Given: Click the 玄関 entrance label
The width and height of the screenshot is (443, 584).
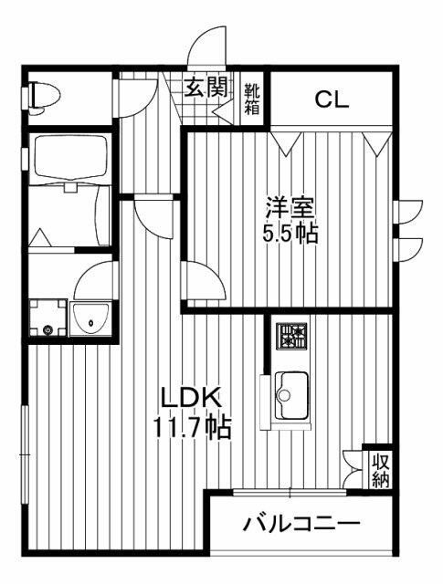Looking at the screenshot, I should coord(206,89).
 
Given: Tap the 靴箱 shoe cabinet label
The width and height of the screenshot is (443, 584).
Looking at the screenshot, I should coord(251,99).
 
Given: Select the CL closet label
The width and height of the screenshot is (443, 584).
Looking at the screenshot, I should coord(332,99).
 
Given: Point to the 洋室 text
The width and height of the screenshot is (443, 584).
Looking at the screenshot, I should coord(286,205).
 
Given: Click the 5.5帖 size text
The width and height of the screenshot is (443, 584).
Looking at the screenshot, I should coord(290,234).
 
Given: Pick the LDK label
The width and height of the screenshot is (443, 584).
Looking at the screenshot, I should coord(190,398).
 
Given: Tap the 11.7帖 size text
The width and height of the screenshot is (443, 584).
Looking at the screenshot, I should coord(192,426).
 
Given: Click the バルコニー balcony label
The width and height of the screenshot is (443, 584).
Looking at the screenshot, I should coord(301,525).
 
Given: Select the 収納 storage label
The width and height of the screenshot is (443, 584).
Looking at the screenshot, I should coord(380,468).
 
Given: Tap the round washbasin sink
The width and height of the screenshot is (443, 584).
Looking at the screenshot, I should coord(90,318).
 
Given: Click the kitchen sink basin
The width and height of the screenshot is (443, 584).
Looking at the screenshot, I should coord(292,392).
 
